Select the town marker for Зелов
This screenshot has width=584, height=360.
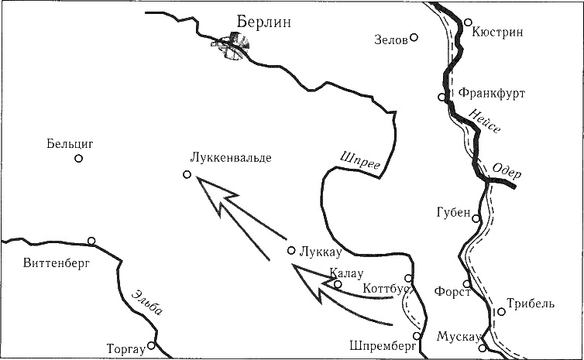414,37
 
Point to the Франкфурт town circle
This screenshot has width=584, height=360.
441,97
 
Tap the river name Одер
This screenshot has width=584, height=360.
507,172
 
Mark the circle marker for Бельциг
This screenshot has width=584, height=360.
78,159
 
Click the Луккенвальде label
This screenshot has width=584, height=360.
230,157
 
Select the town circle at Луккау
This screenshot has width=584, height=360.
291,250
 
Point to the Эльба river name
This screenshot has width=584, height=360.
146,304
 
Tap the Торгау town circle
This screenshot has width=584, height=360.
153,345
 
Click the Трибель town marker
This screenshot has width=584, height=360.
501,312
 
